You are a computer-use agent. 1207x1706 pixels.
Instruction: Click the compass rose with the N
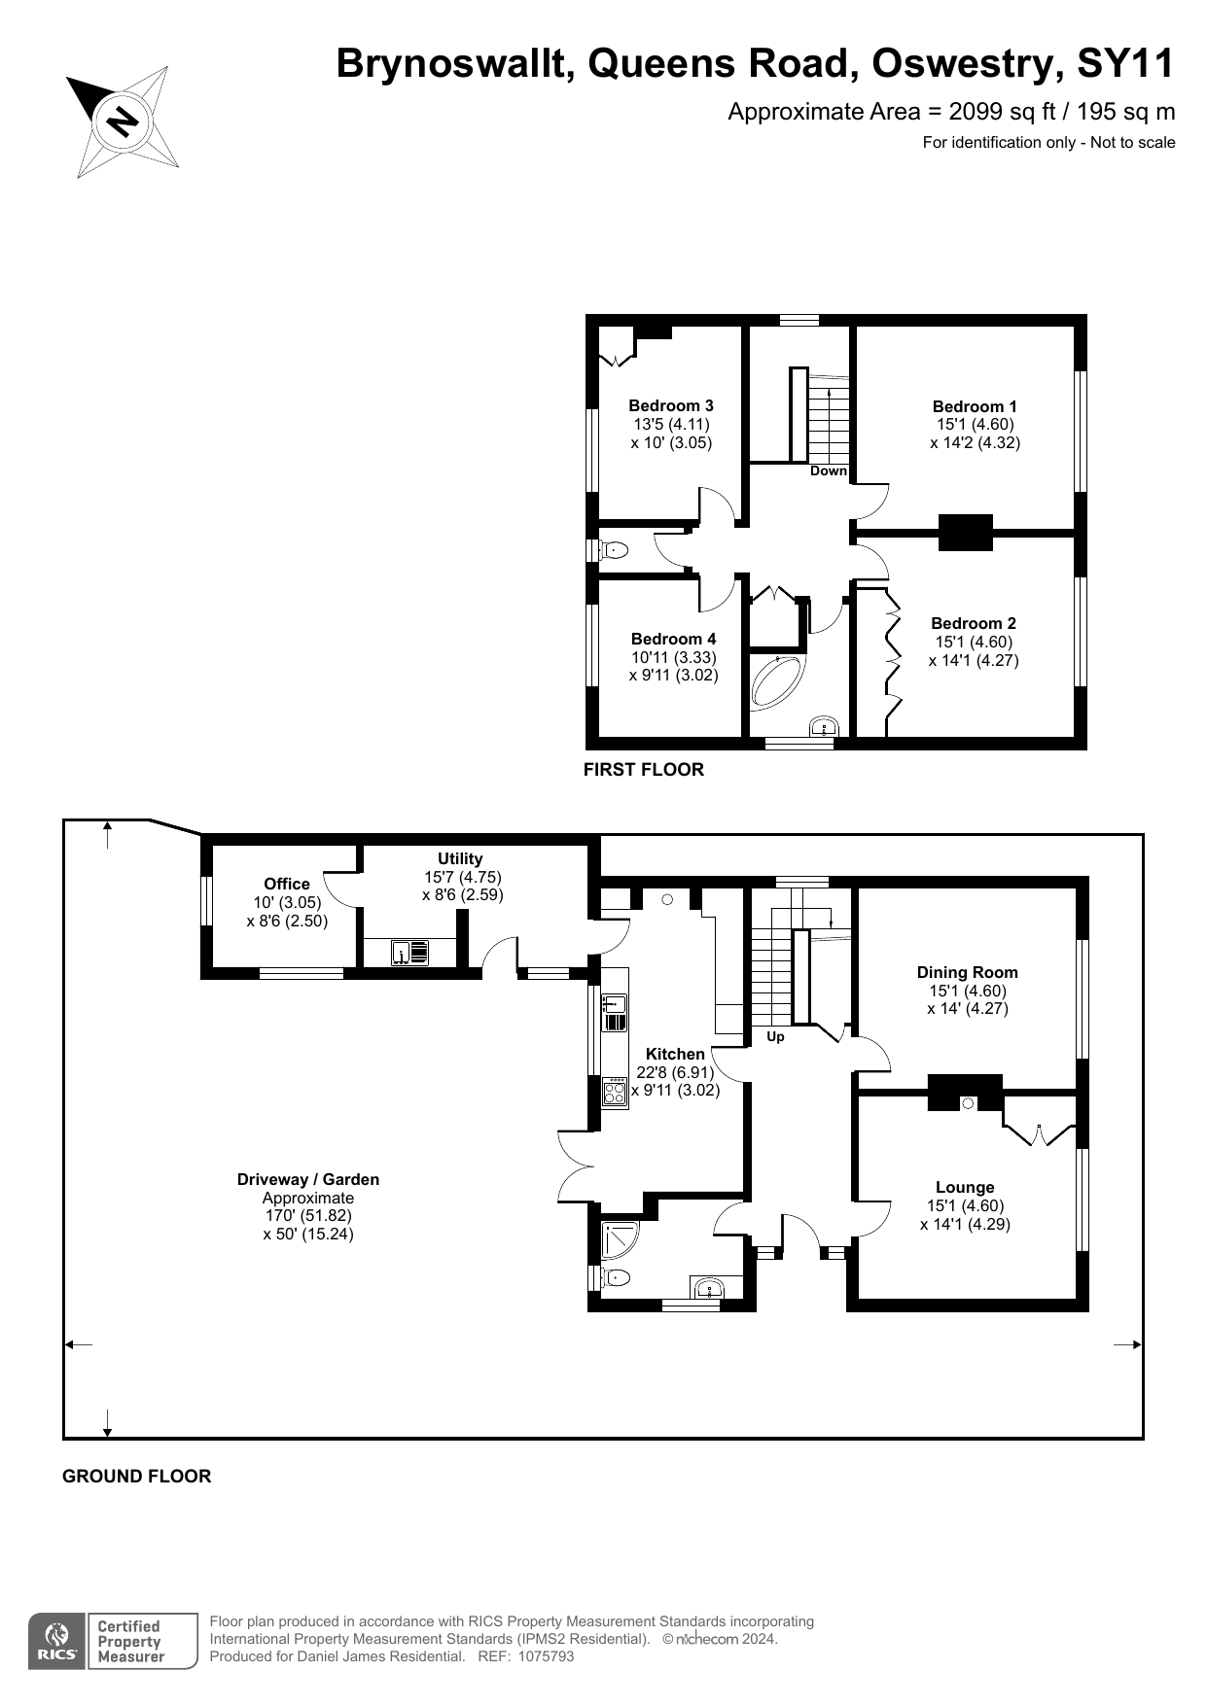pos(123,122)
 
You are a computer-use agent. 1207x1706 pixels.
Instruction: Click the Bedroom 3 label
pos(671,405)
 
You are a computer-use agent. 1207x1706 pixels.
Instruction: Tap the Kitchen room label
pos(675,1054)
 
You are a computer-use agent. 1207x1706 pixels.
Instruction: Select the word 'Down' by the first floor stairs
pos(829,470)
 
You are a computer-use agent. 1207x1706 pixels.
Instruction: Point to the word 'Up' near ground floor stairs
pos(775,1036)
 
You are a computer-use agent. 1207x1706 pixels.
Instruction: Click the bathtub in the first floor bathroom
pos(778,681)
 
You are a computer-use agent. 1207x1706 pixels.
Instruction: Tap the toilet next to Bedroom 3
pos(614,550)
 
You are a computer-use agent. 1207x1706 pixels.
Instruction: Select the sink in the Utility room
pos(410,953)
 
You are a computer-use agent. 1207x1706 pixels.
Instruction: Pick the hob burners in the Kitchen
pos(615,1093)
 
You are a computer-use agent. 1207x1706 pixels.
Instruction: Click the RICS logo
pos(57,1642)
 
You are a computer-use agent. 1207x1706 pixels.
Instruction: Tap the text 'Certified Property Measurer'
pos(130,1642)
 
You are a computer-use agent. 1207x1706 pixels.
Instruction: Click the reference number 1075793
pos(547,1656)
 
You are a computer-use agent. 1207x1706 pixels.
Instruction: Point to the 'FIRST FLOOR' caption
pos(643,770)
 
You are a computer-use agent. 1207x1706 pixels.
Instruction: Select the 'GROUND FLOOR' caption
pos(136,1476)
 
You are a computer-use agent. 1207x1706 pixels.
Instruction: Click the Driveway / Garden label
pos(308,1179)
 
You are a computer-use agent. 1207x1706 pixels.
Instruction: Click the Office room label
pos(287,884)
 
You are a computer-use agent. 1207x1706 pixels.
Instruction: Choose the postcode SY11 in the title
pos(1125,64)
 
